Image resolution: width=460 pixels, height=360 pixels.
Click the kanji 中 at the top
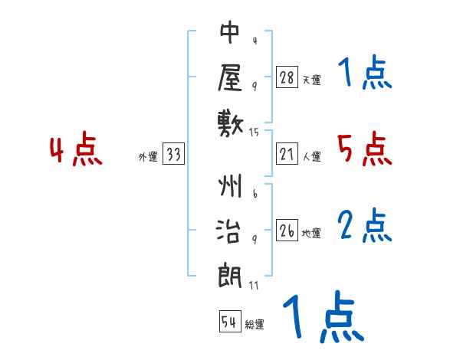coord(230,33)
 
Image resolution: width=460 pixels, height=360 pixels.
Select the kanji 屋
coord(230,76)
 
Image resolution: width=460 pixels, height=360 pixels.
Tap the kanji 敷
coord(230,120)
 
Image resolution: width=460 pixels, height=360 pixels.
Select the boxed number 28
coord(287,77)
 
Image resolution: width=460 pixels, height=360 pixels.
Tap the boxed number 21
coord(287,155)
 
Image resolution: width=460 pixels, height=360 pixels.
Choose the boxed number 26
coord(287,231)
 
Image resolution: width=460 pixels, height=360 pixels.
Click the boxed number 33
coord(173,155)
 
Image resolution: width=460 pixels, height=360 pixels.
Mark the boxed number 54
coord(229,322)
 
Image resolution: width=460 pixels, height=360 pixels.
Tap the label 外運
coord(148,157)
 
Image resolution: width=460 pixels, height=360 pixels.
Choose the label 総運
coord(255,324)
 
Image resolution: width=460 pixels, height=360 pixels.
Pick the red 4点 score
coord(77,151)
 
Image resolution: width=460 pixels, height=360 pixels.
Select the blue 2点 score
coord(365,226)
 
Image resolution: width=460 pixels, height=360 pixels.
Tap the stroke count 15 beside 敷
coord(255,133)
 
